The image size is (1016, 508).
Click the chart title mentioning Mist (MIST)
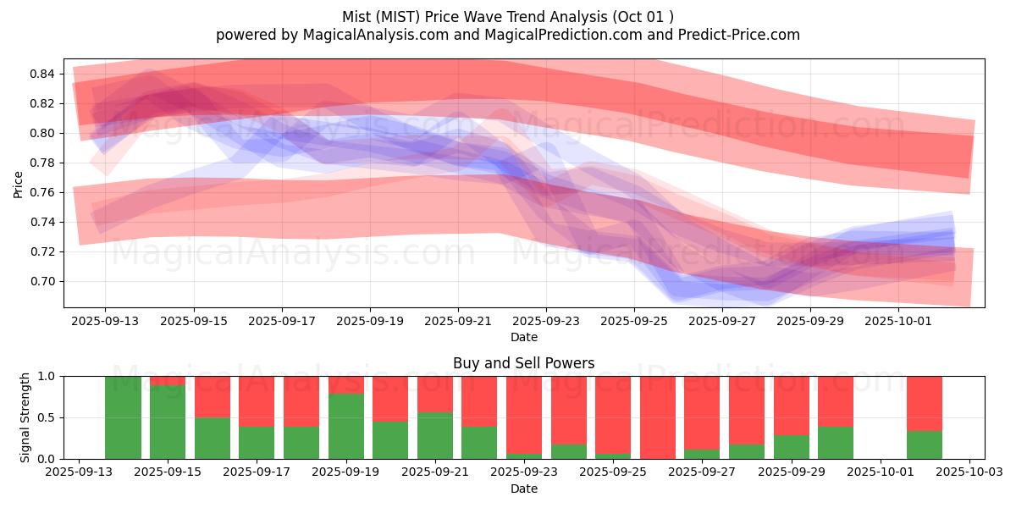click(508, 17)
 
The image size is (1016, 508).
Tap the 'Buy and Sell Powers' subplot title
click(523, 363)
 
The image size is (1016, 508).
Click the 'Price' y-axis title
click(18, 184)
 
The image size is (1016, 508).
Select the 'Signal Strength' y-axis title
click(25, 417)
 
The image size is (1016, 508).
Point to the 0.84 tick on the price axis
click(41, 75)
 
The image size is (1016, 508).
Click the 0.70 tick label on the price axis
click(41, 281)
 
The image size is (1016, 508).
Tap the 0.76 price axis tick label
click(41, 192)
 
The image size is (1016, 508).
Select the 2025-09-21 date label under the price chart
click(458, 321)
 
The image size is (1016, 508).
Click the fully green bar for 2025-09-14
click(123, 417)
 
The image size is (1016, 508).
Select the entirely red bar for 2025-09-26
click(658, 417)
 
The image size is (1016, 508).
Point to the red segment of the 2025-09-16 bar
click(212, 396)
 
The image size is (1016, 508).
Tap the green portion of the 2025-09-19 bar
click(346, 426)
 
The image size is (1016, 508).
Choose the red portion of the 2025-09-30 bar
click(836, 400)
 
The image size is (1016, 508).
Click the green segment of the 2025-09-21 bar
click(435, 435)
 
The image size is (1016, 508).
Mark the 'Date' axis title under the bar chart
click(523, 489)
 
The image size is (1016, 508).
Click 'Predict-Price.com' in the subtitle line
click(735, 35)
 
